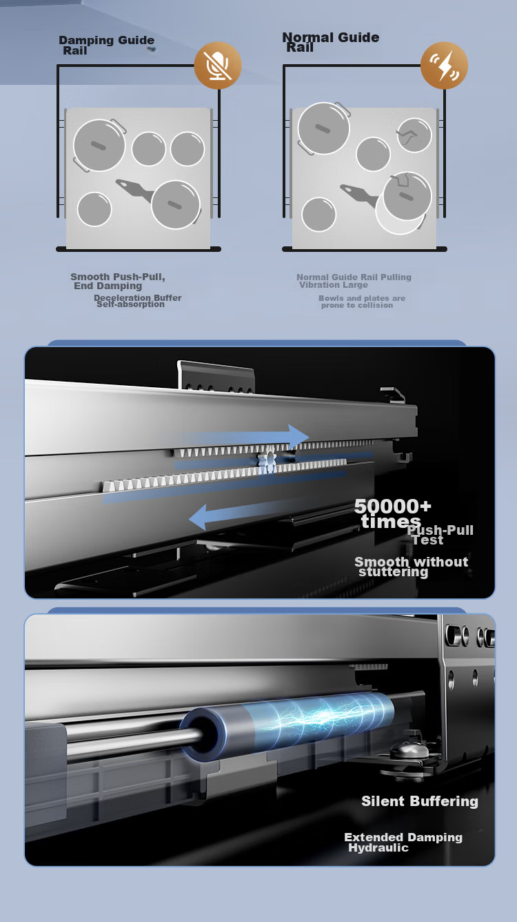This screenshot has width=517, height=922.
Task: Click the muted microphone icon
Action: tap(218, 66)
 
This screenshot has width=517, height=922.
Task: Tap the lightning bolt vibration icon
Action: tap(444, 66)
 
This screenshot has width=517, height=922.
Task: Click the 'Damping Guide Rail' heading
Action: tap(107, 46)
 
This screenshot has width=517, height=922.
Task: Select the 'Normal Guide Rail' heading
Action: tap(331, 42)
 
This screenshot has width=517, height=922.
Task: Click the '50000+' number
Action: tap(392, 507)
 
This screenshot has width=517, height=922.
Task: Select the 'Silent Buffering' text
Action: tap(420, 801)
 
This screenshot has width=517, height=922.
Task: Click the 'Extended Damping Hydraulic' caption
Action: tap(403, 842)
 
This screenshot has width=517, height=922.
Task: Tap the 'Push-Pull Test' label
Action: tap(440, 535)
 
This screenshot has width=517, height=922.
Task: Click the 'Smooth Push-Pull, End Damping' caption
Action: tap(118, 281)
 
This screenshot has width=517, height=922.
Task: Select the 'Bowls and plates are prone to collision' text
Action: tap(361, 302)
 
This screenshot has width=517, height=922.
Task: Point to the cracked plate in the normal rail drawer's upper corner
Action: tap(414, 135)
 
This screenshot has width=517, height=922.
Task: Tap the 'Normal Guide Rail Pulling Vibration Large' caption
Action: tap(354, 281)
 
